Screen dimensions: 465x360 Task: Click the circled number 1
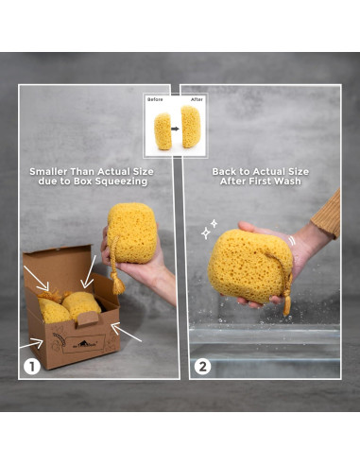point(32,363)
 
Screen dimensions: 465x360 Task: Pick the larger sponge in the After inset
point(191,127)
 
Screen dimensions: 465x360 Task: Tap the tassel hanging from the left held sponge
point(119,282)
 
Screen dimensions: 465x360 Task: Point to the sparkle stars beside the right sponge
point(207,228)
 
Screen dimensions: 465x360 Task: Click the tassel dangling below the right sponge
point(286,305)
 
